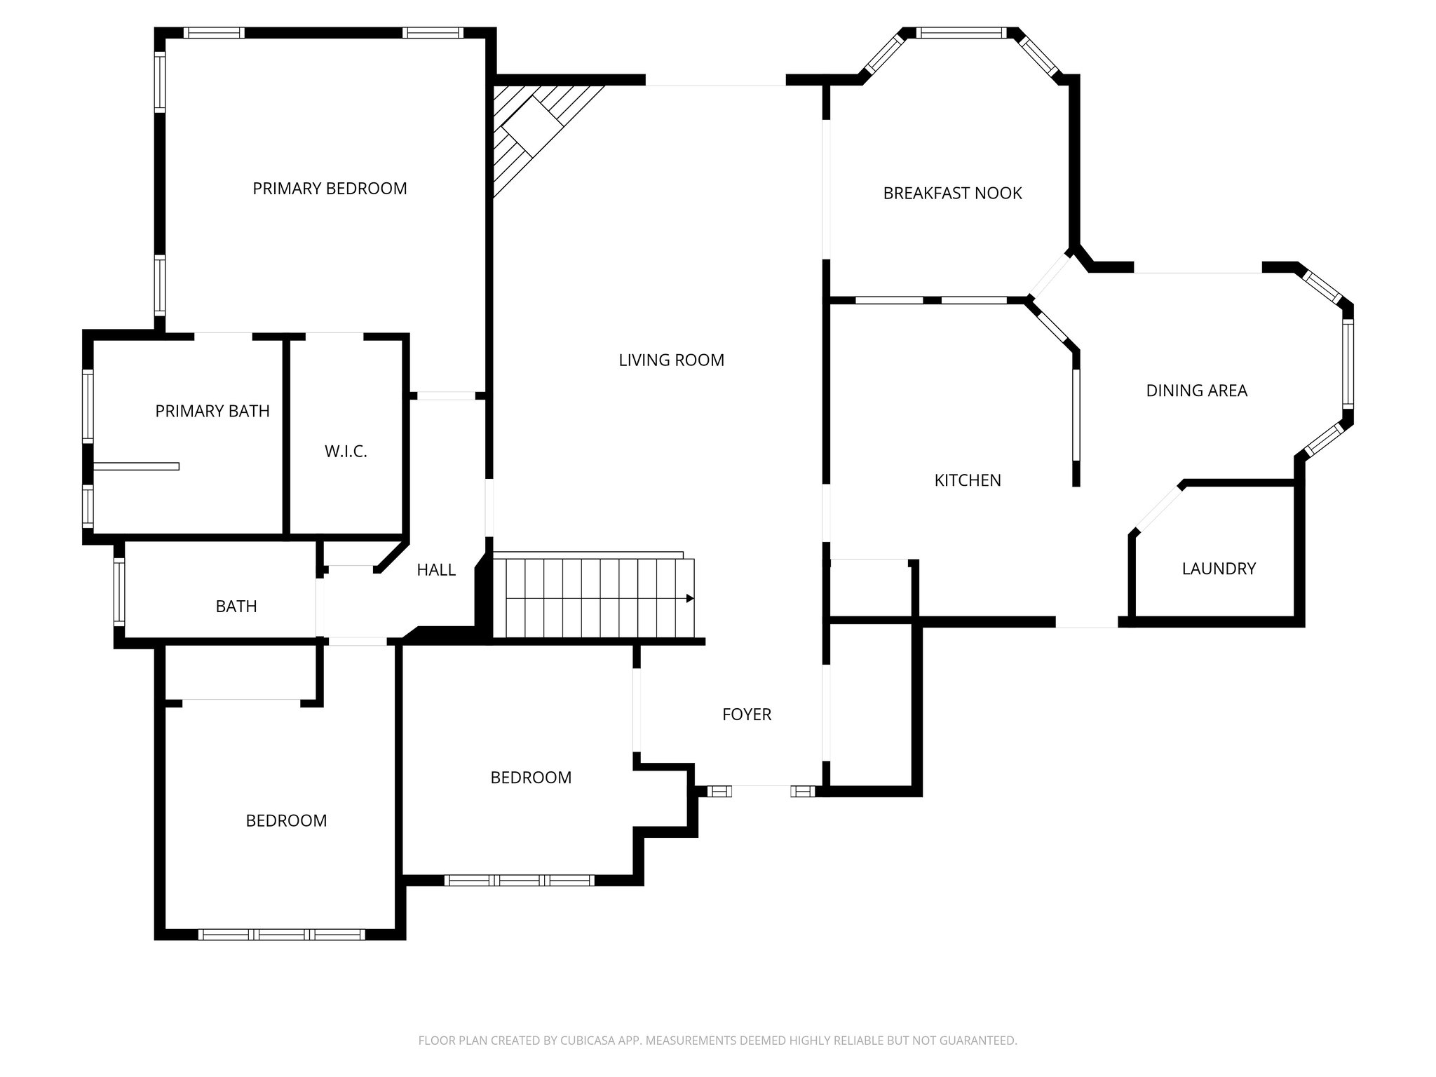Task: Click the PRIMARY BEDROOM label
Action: coord(330,189)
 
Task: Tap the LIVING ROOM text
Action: coord(671,360)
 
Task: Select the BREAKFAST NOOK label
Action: coord(952,194)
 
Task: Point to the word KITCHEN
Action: coord(968,480)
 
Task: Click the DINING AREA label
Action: coord(1196,391)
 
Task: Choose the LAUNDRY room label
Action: coord(1219,569)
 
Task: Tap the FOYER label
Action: coord(747,714)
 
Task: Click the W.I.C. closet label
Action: coord(346,452)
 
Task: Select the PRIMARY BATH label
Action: coord(212,411)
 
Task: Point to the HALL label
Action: coord(436,570)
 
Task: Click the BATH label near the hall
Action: coord(236,607)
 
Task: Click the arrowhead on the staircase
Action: coord(690,598)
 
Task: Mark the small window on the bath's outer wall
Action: coord(119,592)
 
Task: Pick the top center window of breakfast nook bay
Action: coord(961,32)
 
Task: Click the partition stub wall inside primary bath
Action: coord(137,466)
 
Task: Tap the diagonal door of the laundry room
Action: coord(1158,509)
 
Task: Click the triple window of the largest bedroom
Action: coord(281,934)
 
